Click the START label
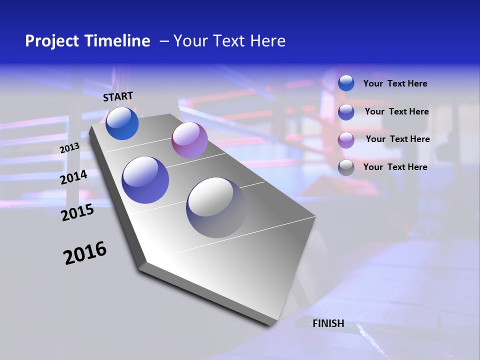pos(118,96)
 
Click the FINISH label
pos(328,323)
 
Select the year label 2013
pos(69,148)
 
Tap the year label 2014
pos(73,177)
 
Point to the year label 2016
pos(85,253)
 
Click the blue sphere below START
pos(122,123)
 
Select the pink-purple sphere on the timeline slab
pos(189,140)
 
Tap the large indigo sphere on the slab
pos(145,180)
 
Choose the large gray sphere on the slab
pos(216,207)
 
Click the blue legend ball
pos(346,83)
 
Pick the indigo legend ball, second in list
pos(346,112)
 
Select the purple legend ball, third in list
pos(346,140)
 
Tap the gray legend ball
pos(346,167)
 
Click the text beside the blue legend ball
pos(395,83)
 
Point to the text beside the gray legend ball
pos(395,167)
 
